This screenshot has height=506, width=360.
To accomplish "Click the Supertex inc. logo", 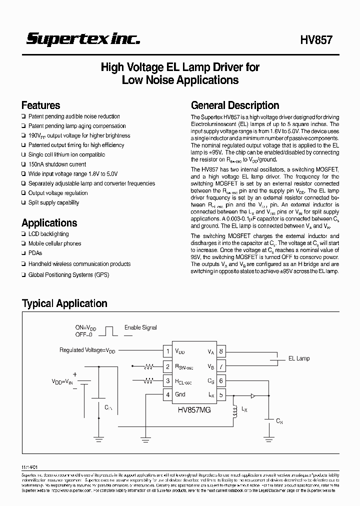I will pyautogui.click(x=82, y=39).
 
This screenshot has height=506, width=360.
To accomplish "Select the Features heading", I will pyautogui.click(x=40, y=105).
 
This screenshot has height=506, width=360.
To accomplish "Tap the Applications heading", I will pyautogui.click(x=49, y=223).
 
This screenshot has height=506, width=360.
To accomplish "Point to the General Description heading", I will pyautogui.click(x=235, y=105).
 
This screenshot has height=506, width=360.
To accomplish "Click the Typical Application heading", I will pyautogui.click(x=64, y=303).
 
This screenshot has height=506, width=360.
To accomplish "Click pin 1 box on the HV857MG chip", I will pyautogui.click(x=168, y=351).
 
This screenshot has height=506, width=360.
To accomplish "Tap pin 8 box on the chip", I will pyautogui.click(x=220, y=351).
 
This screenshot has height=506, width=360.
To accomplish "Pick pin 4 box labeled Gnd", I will pyautogui.click(x=168, y=394).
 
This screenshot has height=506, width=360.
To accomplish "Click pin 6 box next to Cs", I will pyautogui.click(x=220, y=380).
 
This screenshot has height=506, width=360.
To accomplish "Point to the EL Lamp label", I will pyautogui.click(x=299, y=358).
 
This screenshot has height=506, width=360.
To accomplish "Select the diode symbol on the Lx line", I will pyautogui.click(x=253, y=395).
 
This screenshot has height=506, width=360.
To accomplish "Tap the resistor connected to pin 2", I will pyautogui.click(x=148, y=366).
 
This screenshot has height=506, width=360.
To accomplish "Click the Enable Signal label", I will pyautogui.click(x=140, y=327).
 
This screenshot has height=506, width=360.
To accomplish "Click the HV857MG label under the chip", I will pyautogui.click(x=193, y=409).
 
